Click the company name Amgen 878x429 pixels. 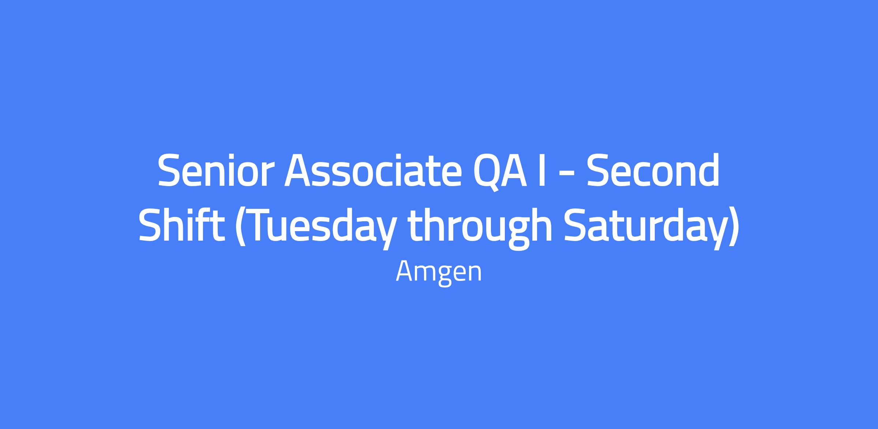tap(439, 272)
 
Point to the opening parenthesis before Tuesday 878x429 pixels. tap(239, 227)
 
